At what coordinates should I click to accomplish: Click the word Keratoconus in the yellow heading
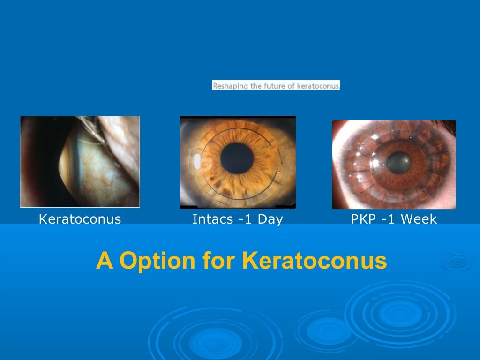(x=315, y=261)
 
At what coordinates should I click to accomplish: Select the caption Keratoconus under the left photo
(x=80, y=219)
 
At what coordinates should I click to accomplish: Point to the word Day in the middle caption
(x=270, y=219)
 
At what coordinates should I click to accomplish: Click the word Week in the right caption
(x=420, y=219)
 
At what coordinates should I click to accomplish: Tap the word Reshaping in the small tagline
(x=227, y=86)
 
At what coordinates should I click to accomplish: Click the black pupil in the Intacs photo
(x=237, y=157)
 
